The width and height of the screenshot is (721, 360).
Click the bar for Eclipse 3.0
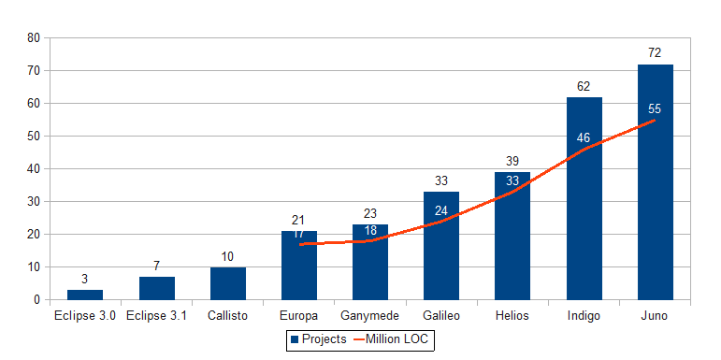tap(85, 295)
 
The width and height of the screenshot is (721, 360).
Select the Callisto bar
tap(227, 283)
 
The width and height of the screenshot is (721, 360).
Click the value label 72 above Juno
tap(655, 53)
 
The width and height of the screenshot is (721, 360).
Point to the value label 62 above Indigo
tap(584, 86)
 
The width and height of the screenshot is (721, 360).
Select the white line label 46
tap(584, 137)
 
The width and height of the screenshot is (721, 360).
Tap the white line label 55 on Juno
tap(655, 108)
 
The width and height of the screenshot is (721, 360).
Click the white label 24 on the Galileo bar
tap(441, 210)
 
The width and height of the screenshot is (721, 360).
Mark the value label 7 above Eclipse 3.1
tap(156, 266)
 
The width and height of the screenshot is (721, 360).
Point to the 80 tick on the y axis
tap(34, 37)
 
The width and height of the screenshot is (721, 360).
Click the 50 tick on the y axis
tap(34, 136)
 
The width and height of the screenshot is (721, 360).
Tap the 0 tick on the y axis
tap(37, 299)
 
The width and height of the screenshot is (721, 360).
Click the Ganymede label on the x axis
tap(370, 316)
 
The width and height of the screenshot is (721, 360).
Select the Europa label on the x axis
tap(298, 316)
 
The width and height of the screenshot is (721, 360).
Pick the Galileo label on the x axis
tap(441, 316)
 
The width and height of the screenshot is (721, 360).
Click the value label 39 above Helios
tap(512, 161)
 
